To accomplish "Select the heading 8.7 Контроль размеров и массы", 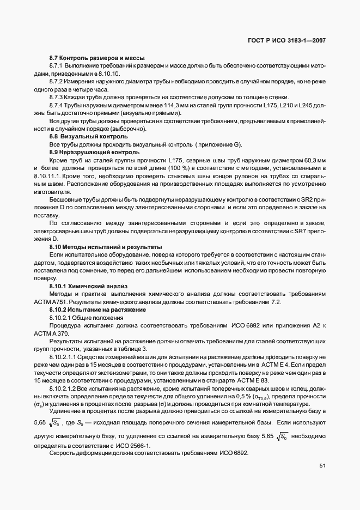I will (97, 57).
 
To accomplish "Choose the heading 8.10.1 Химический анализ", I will (88, 287).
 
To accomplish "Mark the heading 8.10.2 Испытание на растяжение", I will (97, 310).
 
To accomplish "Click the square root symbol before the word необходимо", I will (282, 436).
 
